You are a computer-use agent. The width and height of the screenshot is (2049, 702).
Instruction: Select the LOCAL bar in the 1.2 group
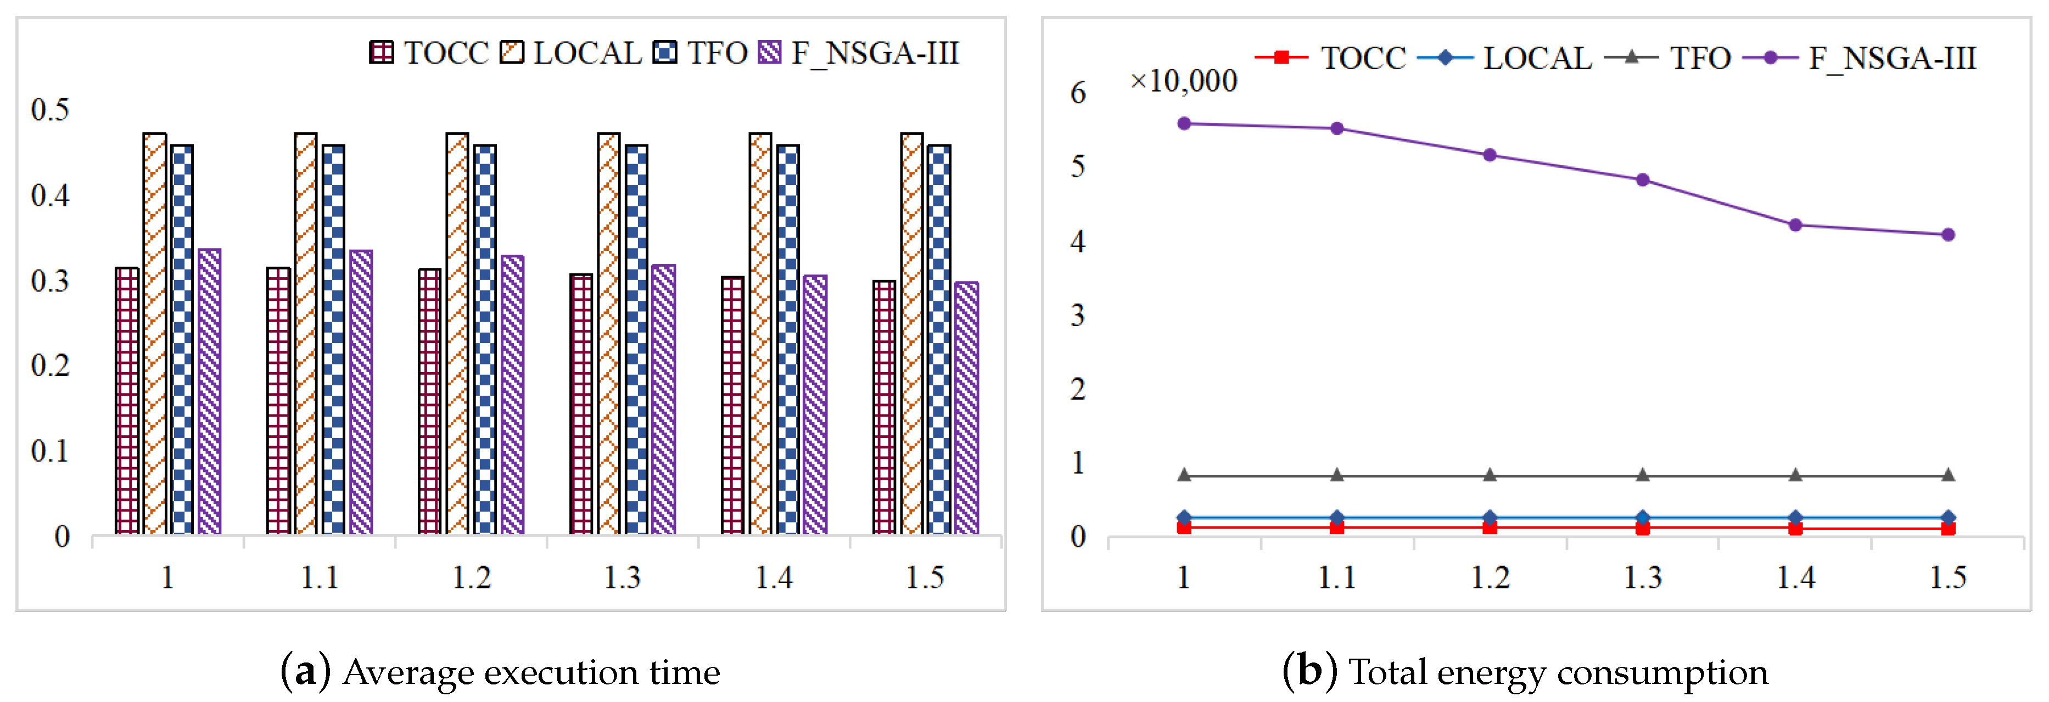(457, 334)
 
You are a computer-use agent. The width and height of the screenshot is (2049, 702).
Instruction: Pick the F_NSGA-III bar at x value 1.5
(966, 408)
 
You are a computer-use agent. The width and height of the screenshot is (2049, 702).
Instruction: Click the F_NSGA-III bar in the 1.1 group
(361, 392)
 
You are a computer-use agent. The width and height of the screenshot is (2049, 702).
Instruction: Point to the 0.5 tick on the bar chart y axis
(50, 110)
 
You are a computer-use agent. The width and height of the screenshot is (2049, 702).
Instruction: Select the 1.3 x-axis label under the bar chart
(622, 577)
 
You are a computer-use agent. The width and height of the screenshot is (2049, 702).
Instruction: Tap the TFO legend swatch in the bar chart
(664, 53)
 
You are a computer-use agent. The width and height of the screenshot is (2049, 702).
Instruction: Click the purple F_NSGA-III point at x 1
(1184, 123)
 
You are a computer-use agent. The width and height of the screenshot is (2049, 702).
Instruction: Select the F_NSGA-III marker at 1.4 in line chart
(1795, 225)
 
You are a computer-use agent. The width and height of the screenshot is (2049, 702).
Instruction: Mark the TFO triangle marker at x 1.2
(1490, 475)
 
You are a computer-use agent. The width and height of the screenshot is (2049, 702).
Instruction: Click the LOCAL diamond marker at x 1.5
(1948, 518)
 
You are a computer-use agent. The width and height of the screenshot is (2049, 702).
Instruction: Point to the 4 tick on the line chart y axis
(1078, 241)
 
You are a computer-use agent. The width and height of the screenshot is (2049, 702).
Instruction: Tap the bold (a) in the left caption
(305, 672)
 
